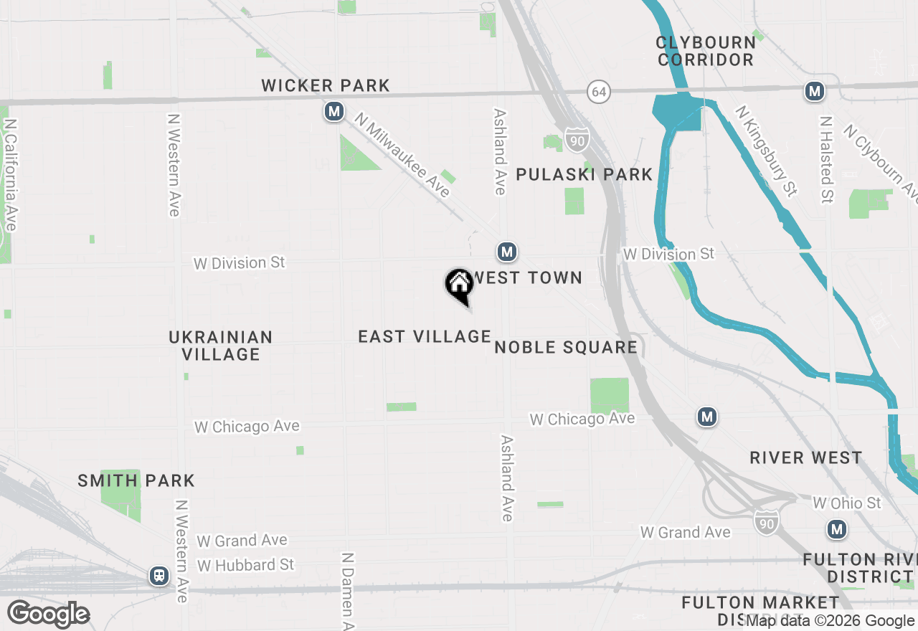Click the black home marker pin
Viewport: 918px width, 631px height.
click(x=459, y=285)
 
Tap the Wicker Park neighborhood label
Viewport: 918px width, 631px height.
click(x=326, y=86)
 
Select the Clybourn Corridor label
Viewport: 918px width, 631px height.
click(x=706, y=51)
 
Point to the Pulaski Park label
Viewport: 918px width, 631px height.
click(x=585, y=174)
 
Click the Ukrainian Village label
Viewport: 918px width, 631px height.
click(x=221, y=346)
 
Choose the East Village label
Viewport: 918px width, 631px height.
click(x=425, y=336)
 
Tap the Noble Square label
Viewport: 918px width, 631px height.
click(x=566, y=348)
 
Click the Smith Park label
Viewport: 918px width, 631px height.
click(x=136, y=480)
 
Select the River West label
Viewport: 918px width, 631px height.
click(x=806, y=458)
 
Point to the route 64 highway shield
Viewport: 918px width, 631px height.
click(x=599, y=92)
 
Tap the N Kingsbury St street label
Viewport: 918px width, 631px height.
click(x=767, y=151)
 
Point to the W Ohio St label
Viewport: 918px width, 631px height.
click(x=846, y=503)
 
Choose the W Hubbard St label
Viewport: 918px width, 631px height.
click(x=245, y=565)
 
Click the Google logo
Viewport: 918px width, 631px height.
click(x=49, y=615)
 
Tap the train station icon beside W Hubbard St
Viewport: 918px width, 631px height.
click(x=158, y=575)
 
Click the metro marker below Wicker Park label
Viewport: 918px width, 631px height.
click(x=333, y=112)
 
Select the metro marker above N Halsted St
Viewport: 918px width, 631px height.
click(x=814, y=91)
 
